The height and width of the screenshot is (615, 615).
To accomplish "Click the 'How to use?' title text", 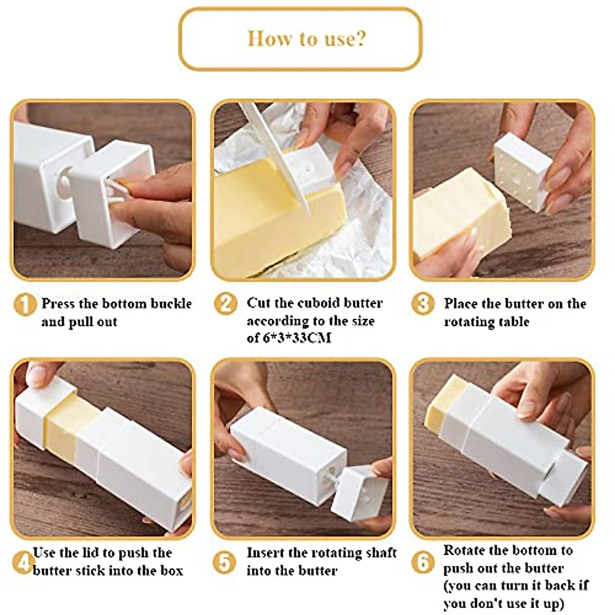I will (x=306, y=38).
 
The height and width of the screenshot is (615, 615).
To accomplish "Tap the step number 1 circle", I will (x=25, y=304).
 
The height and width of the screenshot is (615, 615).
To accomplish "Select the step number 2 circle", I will (x=225, y=304).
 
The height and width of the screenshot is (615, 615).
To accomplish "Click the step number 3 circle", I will (x=422, y=303).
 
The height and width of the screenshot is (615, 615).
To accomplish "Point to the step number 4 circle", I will (x=24, y=563).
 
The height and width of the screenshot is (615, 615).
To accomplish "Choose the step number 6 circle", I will (x=423, y=562).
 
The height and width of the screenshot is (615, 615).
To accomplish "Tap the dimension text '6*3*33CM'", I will (x=296, y=338).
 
